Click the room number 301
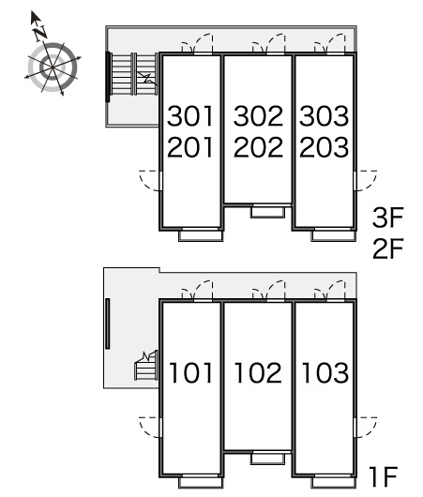(190, 116)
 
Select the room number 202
(258, 147)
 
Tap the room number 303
(325, 116)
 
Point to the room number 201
(190, 147)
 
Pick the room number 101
(190, 372)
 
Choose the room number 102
(258, 372)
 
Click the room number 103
(325, 372)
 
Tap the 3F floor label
(387, 218)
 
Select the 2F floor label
(387, 248)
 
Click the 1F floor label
(383, 476)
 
